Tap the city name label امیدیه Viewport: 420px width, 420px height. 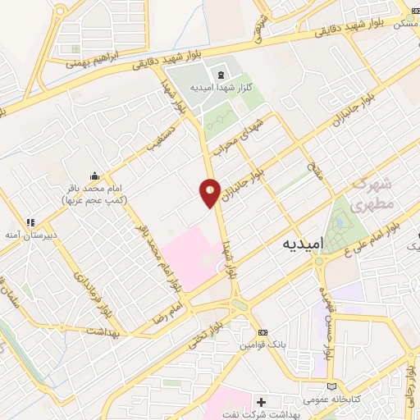(x=303, y=244)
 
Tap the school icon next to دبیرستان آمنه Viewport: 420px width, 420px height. (x=31, y=221)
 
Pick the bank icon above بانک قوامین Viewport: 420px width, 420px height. (x=262, y=331)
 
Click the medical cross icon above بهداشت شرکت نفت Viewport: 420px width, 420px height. (x=262, y=403)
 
